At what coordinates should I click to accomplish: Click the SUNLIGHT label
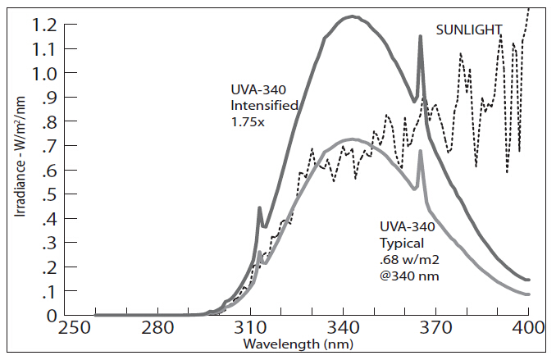tap(468, 30)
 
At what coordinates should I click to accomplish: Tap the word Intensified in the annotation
tap(263, 106)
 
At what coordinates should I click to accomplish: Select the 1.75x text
tap(246, 121)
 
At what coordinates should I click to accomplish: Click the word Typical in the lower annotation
tap(402, 244)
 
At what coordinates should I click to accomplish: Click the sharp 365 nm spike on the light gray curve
tap(421, 151)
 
